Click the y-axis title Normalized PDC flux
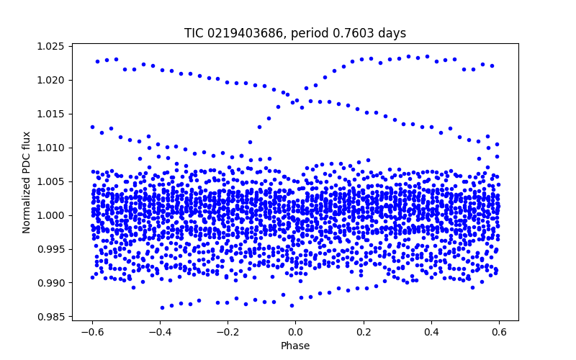click(x=27, y=182)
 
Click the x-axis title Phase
click(x=295, y=346)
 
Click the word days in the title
click(x=392, y=34)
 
